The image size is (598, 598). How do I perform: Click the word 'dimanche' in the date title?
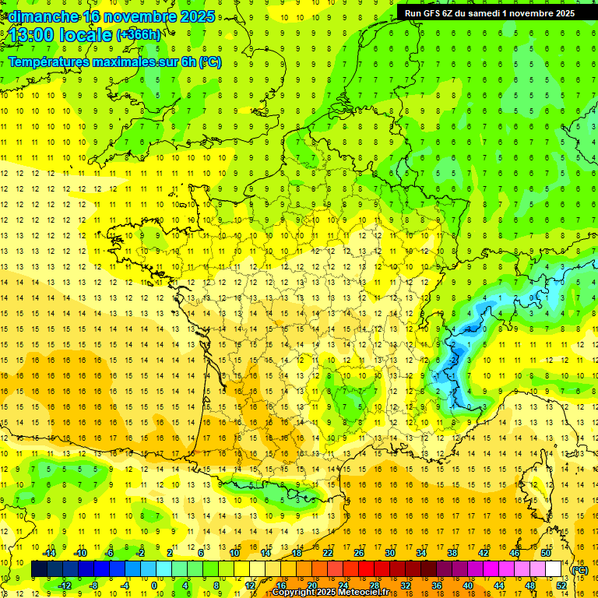coord(43,16)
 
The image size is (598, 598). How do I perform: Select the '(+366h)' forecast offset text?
coord(139,35)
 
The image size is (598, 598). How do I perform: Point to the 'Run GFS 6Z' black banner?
coord(490,12)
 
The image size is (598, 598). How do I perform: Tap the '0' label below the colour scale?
coord(154,586)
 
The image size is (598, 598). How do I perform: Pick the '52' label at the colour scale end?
coord(561,586)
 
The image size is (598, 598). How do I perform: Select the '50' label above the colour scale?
coord(546,553)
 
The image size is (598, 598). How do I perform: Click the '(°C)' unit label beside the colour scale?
coord(580,569)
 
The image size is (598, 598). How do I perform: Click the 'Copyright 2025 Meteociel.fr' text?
coord(331,593)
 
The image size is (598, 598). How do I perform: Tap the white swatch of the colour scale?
coord(554,569)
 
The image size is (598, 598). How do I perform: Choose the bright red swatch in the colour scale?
coord(367,569)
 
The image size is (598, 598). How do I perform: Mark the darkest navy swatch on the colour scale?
coord(40,569)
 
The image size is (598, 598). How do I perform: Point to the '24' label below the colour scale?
coord(343,586)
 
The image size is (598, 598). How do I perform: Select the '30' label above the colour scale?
coord(390,553)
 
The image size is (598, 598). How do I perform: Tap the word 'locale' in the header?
coord(88,35)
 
